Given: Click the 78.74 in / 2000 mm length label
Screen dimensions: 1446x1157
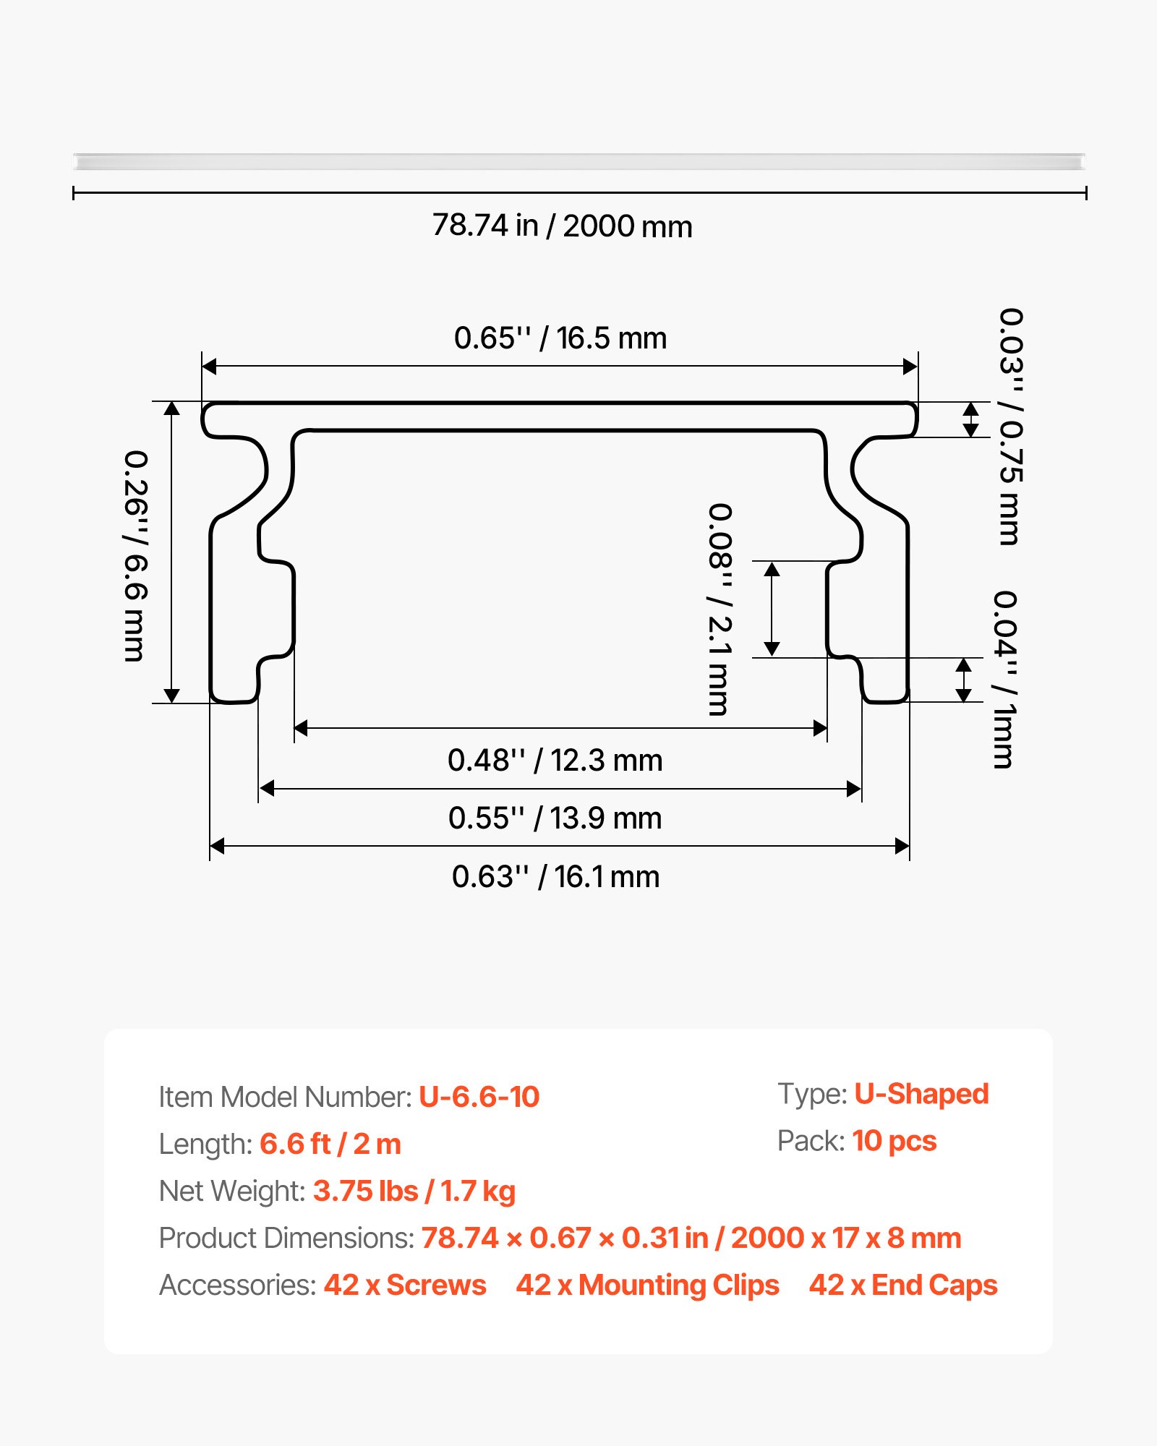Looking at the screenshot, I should pos(562,226).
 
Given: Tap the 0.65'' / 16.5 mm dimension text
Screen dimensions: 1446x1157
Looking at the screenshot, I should pos(560,338).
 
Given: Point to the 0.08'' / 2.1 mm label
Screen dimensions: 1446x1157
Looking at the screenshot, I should pos(720,609).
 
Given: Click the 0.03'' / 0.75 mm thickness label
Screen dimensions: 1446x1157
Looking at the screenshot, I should pos(1010,427).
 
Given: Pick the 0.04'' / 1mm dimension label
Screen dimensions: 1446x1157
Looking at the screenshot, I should pos(1004,679).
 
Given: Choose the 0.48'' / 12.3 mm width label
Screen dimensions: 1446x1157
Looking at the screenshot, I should pos(555,761).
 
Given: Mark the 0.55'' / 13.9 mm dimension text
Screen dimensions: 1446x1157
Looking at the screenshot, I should pos(555,818).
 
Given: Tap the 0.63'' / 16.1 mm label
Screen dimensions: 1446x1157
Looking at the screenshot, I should pos(555,877).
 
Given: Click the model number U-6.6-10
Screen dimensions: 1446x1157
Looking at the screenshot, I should pos(479,1097).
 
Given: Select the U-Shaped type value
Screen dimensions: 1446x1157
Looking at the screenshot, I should pos(921,1094).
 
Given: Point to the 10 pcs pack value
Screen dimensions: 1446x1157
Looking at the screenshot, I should pos(894,1141).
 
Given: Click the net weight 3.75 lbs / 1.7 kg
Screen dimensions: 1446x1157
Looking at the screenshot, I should pos(414,1191).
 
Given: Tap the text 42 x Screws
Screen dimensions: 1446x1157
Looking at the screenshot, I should pos(405,1285).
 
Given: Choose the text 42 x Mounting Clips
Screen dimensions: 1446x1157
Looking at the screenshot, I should pos(647,1285).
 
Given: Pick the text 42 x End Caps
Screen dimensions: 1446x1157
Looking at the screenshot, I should pos(903,1285).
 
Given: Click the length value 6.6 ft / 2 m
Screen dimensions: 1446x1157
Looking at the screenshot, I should pos(330,1144).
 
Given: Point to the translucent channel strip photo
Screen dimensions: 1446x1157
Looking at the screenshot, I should pos(578,161).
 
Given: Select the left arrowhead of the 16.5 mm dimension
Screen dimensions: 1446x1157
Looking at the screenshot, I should pos(209,367).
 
